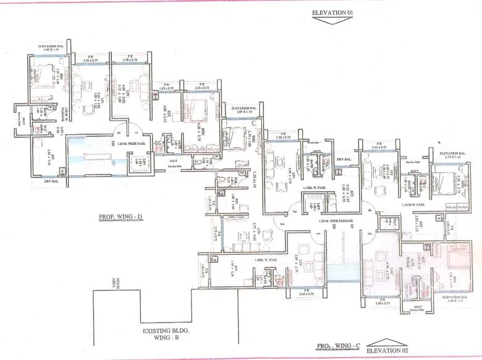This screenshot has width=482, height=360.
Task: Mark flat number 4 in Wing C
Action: [x=370, y=211]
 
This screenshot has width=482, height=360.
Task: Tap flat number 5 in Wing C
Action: [x=370, y=234]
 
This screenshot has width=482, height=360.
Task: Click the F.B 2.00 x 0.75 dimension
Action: [x=382, y=303]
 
